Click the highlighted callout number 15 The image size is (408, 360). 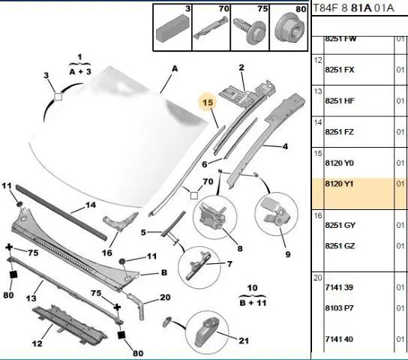pos(208,103)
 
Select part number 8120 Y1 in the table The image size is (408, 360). pos(339,184)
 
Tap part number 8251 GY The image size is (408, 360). pos(340,225)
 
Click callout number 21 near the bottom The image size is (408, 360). pos(244,340)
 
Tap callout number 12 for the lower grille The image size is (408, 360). pos(37,343)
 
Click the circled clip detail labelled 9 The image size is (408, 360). pos(276,214)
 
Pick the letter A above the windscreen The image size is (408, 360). pos(175,69)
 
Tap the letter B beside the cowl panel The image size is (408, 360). pos(164,272)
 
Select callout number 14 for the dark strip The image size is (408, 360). pos(91,205)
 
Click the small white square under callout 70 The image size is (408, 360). pos(194,196)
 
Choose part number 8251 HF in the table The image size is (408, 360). pos(340,100)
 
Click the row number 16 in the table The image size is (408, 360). pos(318,216)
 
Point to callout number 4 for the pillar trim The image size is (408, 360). pos(286,146)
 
